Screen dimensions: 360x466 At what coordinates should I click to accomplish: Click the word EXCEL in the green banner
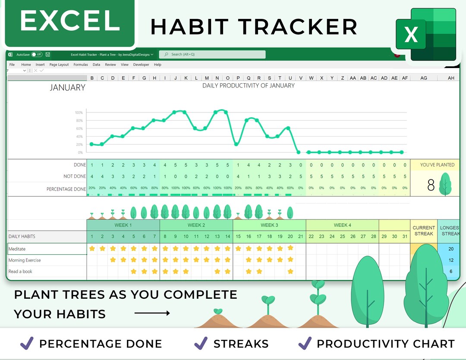pyautogui.click(x=69, y=21)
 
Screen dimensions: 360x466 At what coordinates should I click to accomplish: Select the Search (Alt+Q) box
pyautogui.click(x=212, y=54)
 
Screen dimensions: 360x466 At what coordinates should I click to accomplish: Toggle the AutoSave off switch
pyautogui.click(x=37, y=55)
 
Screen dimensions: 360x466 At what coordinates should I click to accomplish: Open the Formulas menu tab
pyautogui.click(x=81, y=65)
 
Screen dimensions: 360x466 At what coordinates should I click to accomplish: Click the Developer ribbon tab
pyautogui.click(x=141, y=65)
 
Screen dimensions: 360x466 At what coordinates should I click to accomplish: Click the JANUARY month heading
pyautogui.click(x=67, y=88)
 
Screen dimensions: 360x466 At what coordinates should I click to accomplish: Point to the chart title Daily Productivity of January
pyautogui.click(x=249, y=86)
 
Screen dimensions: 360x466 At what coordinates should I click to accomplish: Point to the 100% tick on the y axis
pyautogui.click(x=79, y=113)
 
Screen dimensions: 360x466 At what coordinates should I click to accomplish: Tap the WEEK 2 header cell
pyautogui.click(x=196, y=225)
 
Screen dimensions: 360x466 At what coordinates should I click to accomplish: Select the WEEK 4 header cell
pyautogui.click(x=343, y=225)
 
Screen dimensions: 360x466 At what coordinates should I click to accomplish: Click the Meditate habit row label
pyautogui.click(x=17, y=249)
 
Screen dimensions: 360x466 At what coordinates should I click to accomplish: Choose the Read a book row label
pyautogui.click(x=20, y=271)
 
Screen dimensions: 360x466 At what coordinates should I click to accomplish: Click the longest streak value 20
pyautogui.click(x=451, y=249)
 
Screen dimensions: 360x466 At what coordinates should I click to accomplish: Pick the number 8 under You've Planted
pyautogui.click(x=431, y=185)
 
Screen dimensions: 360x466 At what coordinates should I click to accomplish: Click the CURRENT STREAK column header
pyautogui.click(x=424, y=231)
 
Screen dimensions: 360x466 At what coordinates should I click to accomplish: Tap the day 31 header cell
pyautogui.click(x=405, y=236)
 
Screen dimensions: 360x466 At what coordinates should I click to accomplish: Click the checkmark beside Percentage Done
pyautogui.click(x=27, y=343)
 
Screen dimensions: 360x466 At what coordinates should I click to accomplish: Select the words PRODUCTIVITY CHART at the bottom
pyautogui.click(x=385, y=344)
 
